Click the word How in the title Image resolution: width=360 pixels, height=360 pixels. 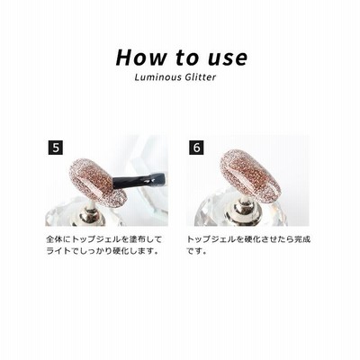(x=140, y=57)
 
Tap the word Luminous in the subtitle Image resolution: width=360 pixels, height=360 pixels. (x=158, y=77)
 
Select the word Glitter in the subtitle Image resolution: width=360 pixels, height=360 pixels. (x=201, y=77)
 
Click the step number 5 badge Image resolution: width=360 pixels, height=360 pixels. (x=55, y=148)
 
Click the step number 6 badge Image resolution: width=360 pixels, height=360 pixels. (x=196, y=148)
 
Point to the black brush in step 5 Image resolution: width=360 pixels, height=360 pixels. (x=139, y=181)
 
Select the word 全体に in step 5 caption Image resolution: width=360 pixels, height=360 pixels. (x=59, y=239)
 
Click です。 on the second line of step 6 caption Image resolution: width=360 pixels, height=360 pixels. (x=197, y=251)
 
